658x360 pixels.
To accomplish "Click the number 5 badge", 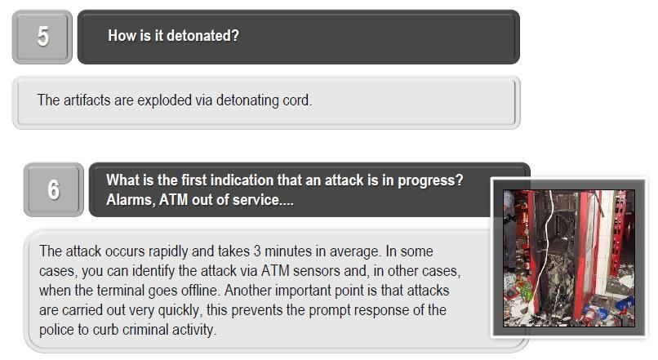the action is (42, 37).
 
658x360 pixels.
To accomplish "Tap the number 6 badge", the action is (54, 189).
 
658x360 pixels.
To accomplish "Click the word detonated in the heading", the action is (202, 36).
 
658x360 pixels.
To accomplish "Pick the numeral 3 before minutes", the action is (257, 251).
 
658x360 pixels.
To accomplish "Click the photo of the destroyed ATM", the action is (569, 258).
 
